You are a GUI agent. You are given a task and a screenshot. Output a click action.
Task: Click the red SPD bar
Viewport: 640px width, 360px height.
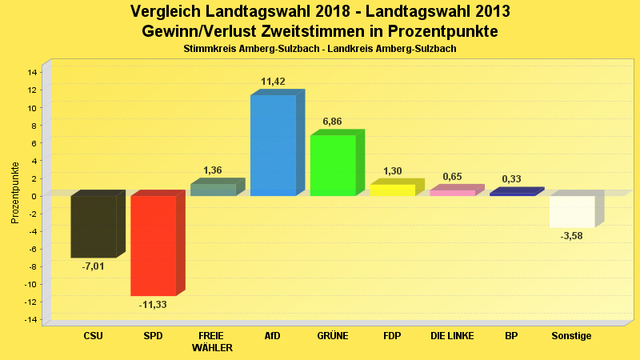(153, 246)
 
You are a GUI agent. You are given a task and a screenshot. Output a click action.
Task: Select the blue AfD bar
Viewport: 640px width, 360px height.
(273, 146)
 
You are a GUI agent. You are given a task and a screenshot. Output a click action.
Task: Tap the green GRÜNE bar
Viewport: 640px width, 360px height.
(333, 166)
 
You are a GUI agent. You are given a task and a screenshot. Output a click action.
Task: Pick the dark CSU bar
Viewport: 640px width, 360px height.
(93, 226)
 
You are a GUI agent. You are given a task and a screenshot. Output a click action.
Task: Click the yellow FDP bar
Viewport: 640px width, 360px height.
(392, 190)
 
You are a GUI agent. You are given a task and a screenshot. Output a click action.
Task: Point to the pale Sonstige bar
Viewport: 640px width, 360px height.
(572, 211)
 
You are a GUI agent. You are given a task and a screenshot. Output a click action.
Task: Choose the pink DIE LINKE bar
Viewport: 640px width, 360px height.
(452, 193)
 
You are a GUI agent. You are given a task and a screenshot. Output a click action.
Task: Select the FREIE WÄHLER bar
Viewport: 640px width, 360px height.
(213, 190)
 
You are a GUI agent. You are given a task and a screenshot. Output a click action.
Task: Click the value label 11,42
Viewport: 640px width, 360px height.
(273, 82)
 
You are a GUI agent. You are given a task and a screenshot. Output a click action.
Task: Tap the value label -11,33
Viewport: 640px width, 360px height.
(153, 305)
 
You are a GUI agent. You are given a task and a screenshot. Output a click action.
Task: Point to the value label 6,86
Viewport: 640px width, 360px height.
(333, 122)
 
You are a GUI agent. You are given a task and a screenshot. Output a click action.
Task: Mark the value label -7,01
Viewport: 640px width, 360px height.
(93, 266)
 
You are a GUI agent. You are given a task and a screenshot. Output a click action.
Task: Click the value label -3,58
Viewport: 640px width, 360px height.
(572, 236)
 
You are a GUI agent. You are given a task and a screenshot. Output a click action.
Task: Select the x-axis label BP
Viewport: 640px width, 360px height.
(512, 336)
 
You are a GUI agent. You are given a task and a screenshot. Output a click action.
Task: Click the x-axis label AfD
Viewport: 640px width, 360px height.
(273, 336)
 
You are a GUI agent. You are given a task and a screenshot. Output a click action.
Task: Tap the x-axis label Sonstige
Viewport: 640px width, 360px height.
(572, 336)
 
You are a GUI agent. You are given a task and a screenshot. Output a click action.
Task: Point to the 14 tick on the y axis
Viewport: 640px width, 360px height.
(33, 72)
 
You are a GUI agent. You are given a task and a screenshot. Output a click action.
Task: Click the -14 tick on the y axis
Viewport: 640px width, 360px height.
(31, 320)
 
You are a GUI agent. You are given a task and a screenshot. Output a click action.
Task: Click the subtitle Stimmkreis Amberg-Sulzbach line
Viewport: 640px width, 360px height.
(320, 50)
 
